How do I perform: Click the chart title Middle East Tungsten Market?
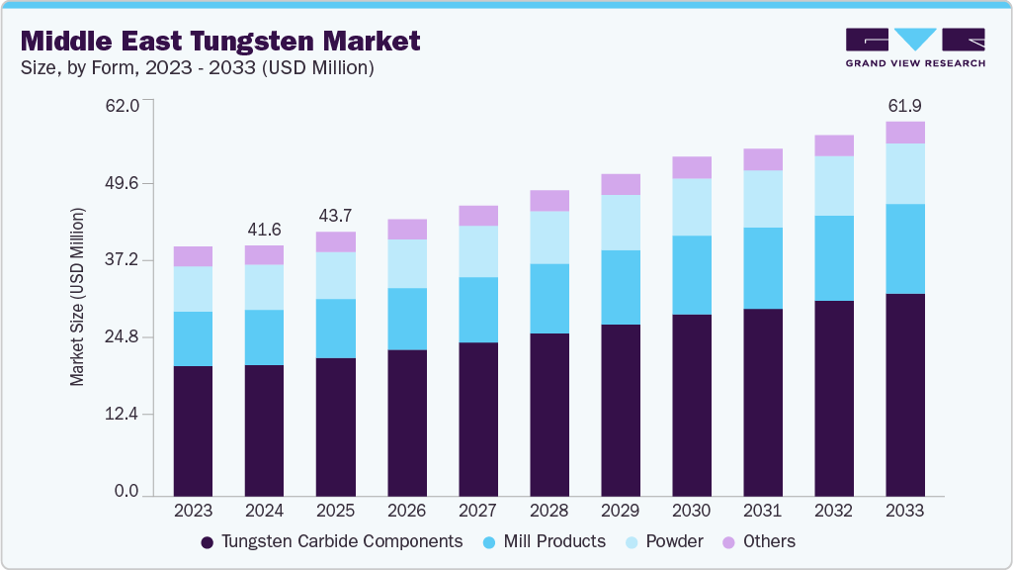click(x=220, y=41)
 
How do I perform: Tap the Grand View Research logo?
click(x=914, y=47)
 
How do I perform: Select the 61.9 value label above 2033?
click(x=904, y=105)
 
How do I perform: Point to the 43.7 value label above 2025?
click(x=335, y=216)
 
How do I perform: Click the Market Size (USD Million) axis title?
click(x=78, y=297)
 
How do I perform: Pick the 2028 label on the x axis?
click(x=549, y=511)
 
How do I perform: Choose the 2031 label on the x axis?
click(x=762, y=511)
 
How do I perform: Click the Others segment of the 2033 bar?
click(x=904, y=133)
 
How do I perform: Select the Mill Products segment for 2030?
click(x=691, y=275)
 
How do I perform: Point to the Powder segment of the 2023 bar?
click(x=193, y=289)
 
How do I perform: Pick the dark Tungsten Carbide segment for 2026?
click(x=406, y=423)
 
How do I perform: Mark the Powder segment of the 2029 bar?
click(x=620, y=223)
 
